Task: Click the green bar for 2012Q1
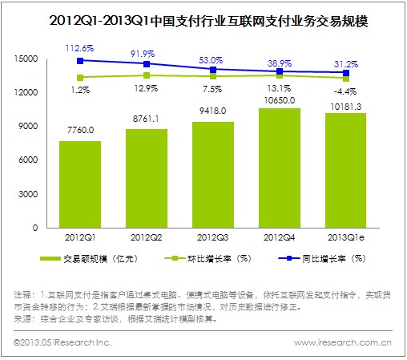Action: pyautogui.click(x=80, y=184)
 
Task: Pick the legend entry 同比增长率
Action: pyautogui.click(x=327, y=258)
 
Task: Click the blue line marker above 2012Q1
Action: pyautogui.click(x=80, y=60)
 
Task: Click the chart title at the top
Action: pyautogui.click(x=203, y=17)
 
